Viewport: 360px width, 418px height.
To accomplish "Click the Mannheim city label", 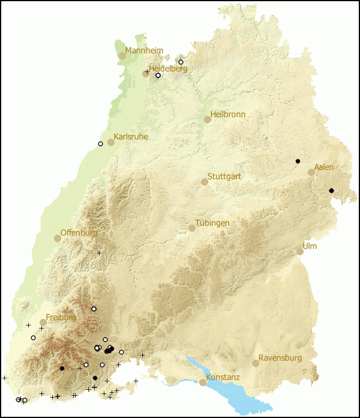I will tap(144, 50).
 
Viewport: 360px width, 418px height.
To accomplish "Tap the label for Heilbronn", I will tap(228, 114).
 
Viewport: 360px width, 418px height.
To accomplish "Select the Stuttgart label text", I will tap(226, 177).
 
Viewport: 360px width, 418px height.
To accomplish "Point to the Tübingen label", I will tap(212, 223).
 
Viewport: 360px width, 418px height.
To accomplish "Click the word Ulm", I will tap(310, 246).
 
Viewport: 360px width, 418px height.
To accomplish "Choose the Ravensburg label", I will tap(281, 358).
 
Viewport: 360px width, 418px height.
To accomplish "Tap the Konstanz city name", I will tap(223, 377).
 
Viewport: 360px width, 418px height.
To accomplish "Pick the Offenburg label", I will tap(79, 232).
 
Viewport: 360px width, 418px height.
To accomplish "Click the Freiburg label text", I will tap(61, 317).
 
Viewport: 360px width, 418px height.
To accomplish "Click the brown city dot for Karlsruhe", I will tap(111, 142).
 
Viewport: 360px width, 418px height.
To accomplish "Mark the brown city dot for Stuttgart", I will tap(205, 181).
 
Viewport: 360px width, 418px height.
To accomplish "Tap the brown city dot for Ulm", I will tap(300, 252).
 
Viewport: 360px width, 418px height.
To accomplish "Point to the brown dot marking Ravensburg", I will tap(256, 363).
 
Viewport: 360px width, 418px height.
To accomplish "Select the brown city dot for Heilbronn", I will tap(208, 120).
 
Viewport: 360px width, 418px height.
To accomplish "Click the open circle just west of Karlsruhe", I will tap(100, 144).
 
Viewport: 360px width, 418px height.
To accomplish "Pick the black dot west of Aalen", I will tap(298, 161).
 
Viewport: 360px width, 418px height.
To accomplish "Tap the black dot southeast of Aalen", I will tap(331, 190).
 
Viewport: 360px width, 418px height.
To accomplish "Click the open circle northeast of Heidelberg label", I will tap(181, 62).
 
